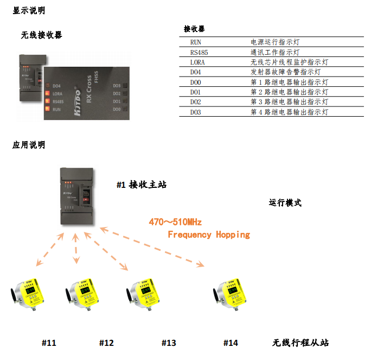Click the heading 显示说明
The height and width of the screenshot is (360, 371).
tap(29, 10)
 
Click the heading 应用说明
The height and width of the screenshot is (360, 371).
tap(29, 145)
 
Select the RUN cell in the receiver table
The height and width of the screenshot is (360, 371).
tap(196, 42)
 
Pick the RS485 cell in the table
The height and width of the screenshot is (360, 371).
tap(199, 53)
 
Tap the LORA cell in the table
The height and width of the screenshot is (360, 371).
tap(198, 62)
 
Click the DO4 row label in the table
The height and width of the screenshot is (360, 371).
tap(196, 72)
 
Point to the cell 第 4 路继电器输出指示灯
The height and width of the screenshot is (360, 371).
tap(289, 112)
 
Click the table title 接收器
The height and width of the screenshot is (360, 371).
tap(195, 29)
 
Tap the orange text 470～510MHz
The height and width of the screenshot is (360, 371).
tap(175, 222)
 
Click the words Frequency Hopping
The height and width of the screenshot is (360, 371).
tap(209, 235)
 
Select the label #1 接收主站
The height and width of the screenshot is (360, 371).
tap(141, 185)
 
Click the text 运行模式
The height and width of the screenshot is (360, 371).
tap(285, 203)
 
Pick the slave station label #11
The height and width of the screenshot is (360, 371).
tap(49, 343)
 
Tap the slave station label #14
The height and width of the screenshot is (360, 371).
tap(231, 343)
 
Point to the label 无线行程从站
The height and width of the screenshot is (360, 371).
tap(300, 343)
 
